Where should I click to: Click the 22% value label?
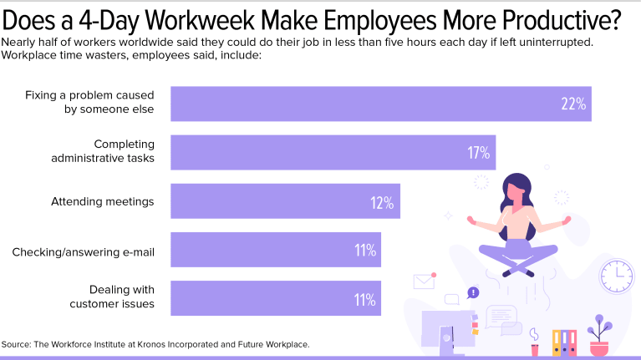tap(573, 104)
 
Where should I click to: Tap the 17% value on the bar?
tap(478, 153)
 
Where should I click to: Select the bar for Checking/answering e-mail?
tap(276, 250)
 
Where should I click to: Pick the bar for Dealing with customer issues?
tap(276, 298)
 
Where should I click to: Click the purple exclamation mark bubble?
tap(474, 292)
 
